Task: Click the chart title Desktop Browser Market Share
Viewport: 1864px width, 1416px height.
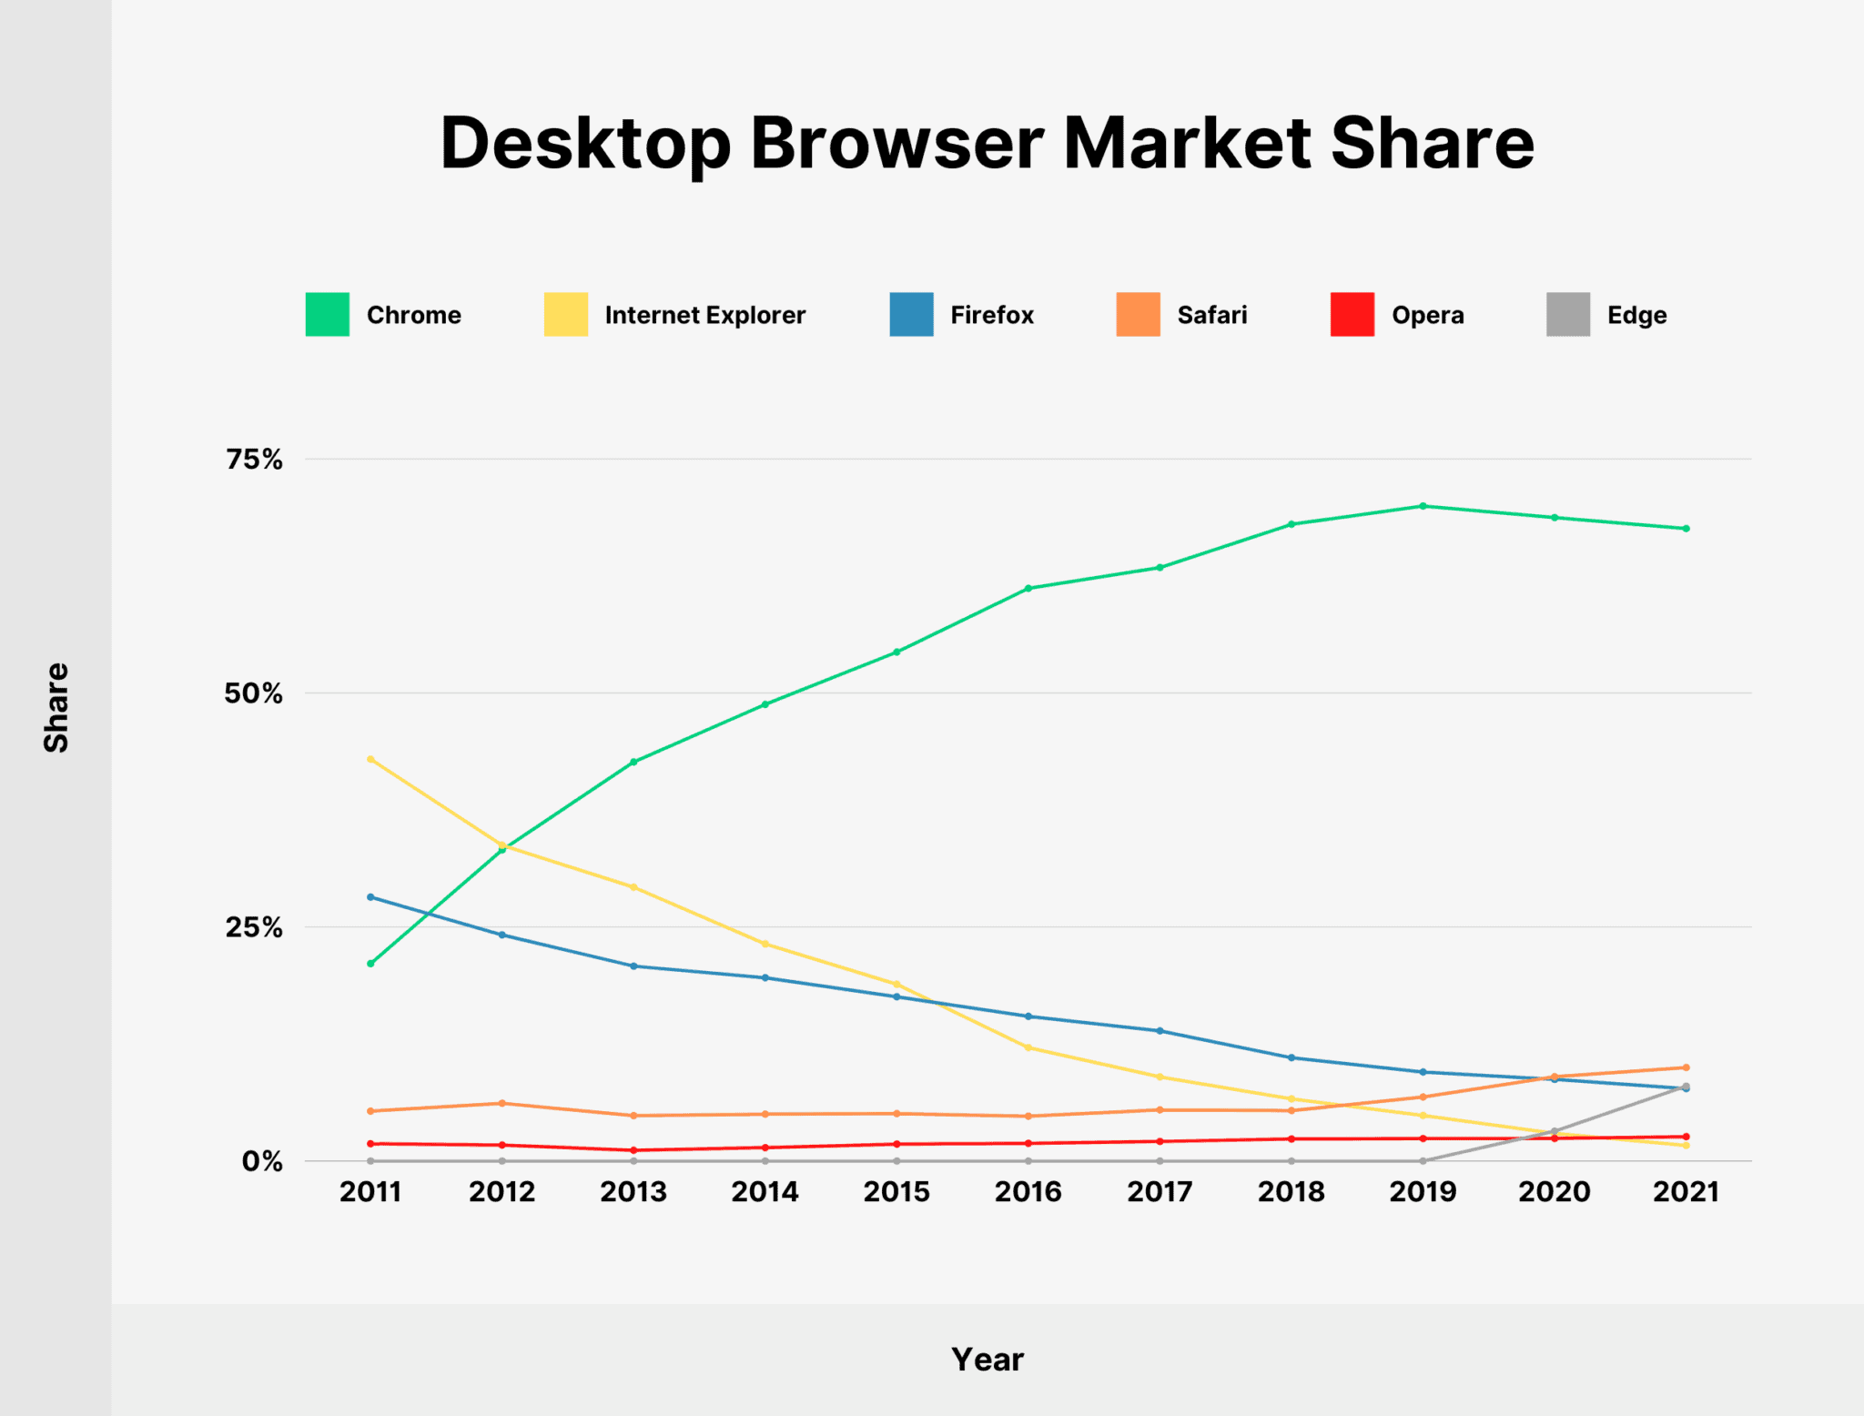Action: [987, 143]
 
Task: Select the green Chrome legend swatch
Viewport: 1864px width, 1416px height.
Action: [327, 315]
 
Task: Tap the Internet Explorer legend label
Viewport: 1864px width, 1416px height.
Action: [704, 315]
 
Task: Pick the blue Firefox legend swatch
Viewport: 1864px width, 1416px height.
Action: [911, 315]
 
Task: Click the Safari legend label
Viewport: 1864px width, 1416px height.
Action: [1211, 315]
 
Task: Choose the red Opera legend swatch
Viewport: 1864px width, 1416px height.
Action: [1352, 315]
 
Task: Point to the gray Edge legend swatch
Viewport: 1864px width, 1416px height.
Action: [1567, 315]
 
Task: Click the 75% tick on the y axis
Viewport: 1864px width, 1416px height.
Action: [255, 460]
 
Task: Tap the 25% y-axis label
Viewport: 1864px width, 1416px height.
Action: [255, 927]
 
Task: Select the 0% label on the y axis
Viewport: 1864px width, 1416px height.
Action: [262, 1162]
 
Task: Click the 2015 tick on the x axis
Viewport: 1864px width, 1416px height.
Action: [897, 1192]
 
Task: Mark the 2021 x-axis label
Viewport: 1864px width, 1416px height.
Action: [1686, 1192]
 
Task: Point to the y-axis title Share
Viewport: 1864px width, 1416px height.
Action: [56, 707]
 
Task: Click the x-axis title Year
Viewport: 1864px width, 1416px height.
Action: [987, 1360]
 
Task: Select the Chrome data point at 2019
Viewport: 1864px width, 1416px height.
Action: [1423, 506]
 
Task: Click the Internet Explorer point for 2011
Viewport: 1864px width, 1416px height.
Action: [370, 759]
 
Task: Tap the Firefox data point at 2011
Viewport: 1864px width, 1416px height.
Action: [370, 897]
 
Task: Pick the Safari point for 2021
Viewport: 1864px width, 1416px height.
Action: [1686, 1067]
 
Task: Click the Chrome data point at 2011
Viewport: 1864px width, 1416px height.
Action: [370, 964]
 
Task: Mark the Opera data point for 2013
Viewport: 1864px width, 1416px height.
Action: [633, 1150]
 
